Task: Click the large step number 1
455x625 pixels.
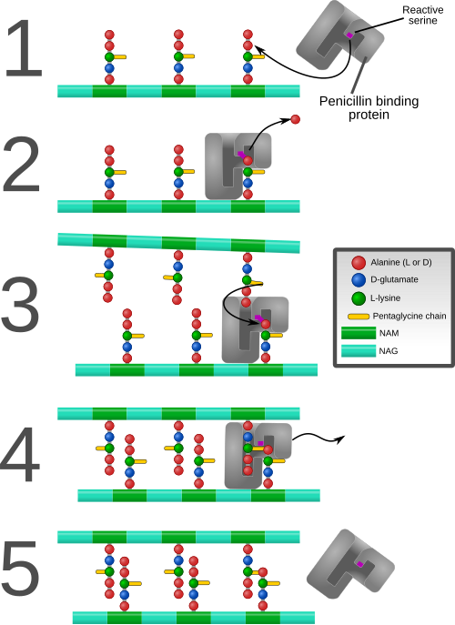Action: pos(24,48)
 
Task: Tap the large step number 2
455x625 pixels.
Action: pos(22,165)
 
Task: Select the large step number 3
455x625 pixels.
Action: pos(21,304)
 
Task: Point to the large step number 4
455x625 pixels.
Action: pos(20,454)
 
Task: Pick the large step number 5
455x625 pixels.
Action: pos(21,570)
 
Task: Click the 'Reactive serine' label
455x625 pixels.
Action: pos(423,15)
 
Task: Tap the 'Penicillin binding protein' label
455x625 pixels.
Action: pos(369,107)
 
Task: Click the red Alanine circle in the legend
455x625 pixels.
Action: pos(359,263)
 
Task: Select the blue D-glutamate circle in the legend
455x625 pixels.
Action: pos(359,280)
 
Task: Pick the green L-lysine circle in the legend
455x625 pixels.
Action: pos(359,298)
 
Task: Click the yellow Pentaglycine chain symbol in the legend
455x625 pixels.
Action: pos(359,317)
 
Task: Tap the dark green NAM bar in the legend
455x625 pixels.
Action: pos(359,333)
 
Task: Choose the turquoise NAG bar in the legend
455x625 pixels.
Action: pos(359,351)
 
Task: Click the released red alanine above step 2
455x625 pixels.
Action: pos(295,119)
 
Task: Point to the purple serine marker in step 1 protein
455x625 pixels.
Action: pos(349,35)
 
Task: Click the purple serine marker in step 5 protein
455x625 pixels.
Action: pos(360,564)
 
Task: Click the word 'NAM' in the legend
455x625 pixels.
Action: pos(389,333)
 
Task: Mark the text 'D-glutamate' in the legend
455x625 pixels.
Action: pos(394,280)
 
